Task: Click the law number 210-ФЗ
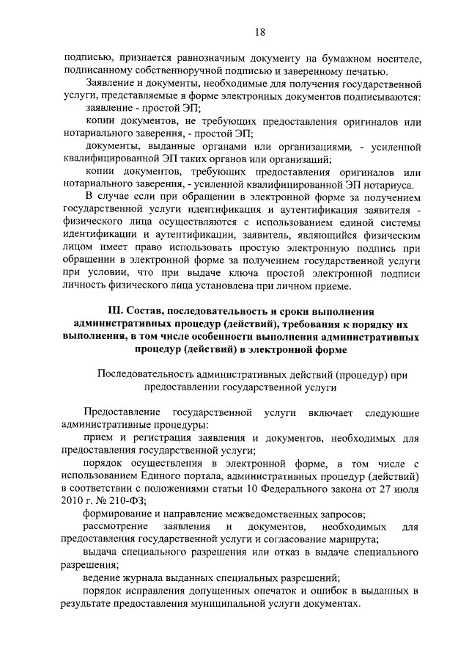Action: click(120, 500)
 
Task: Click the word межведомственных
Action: click(275, 514)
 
